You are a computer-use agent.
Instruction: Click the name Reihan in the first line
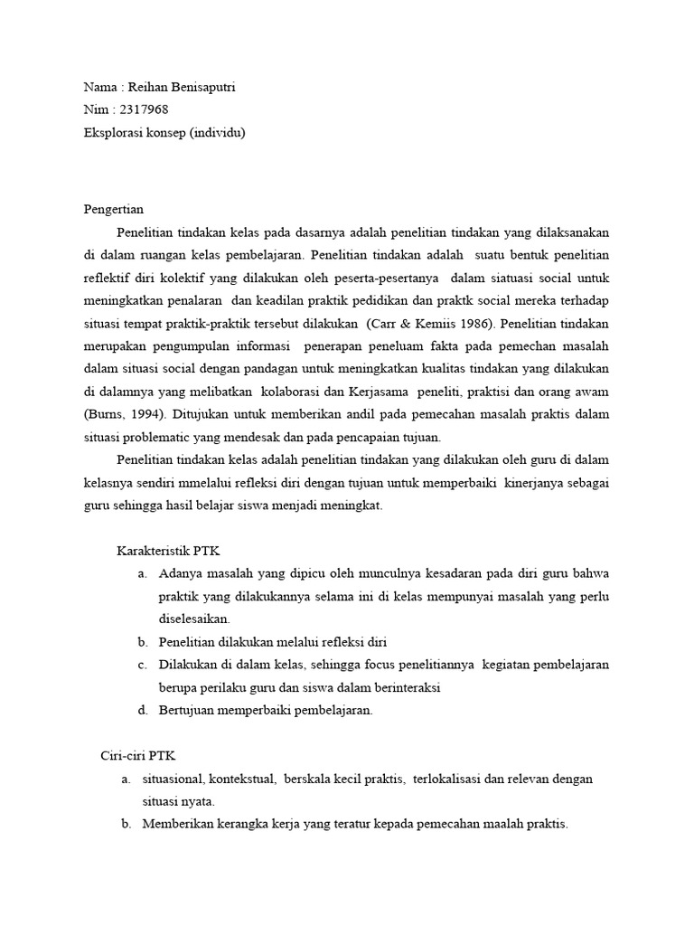point(147,87)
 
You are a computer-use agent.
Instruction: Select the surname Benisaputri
point(203,87)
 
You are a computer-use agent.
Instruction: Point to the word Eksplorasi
point(112,132)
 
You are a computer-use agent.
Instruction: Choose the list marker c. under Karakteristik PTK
point(142,665)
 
